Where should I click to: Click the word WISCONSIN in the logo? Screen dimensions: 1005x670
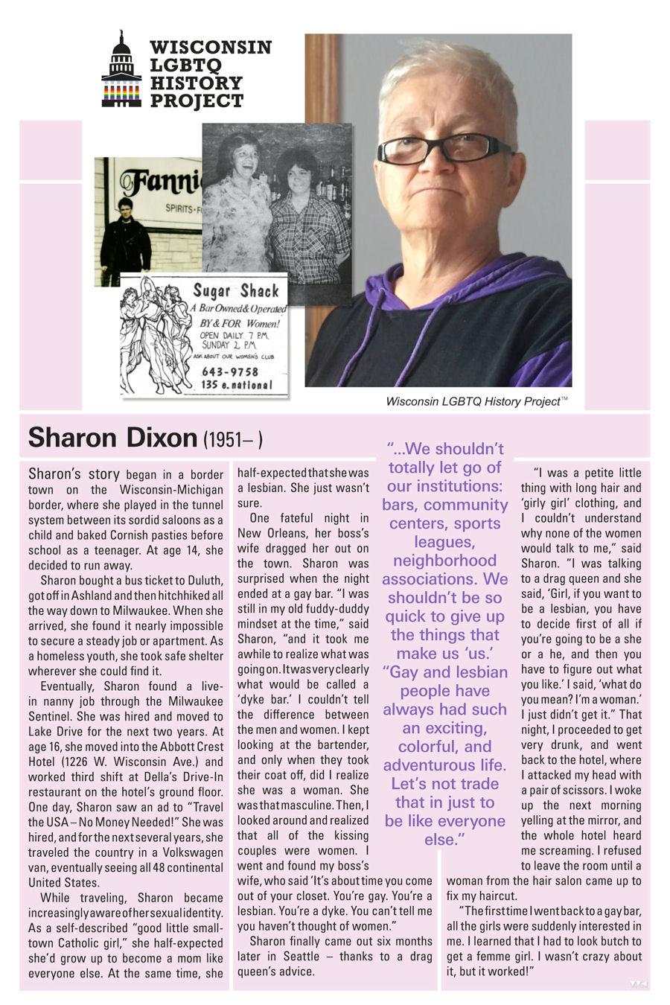(x=211, y=48)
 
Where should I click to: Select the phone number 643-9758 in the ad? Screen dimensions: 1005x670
(x=230, y=371)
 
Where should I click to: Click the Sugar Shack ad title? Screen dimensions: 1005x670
(x=236, y=291)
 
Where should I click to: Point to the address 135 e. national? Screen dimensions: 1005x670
(x=236, y=385)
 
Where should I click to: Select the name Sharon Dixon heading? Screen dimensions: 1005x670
(x=112, y=438)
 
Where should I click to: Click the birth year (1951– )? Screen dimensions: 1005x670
(x=233, y=440)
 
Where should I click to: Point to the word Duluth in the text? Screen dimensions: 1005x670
(x=205, y=581)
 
